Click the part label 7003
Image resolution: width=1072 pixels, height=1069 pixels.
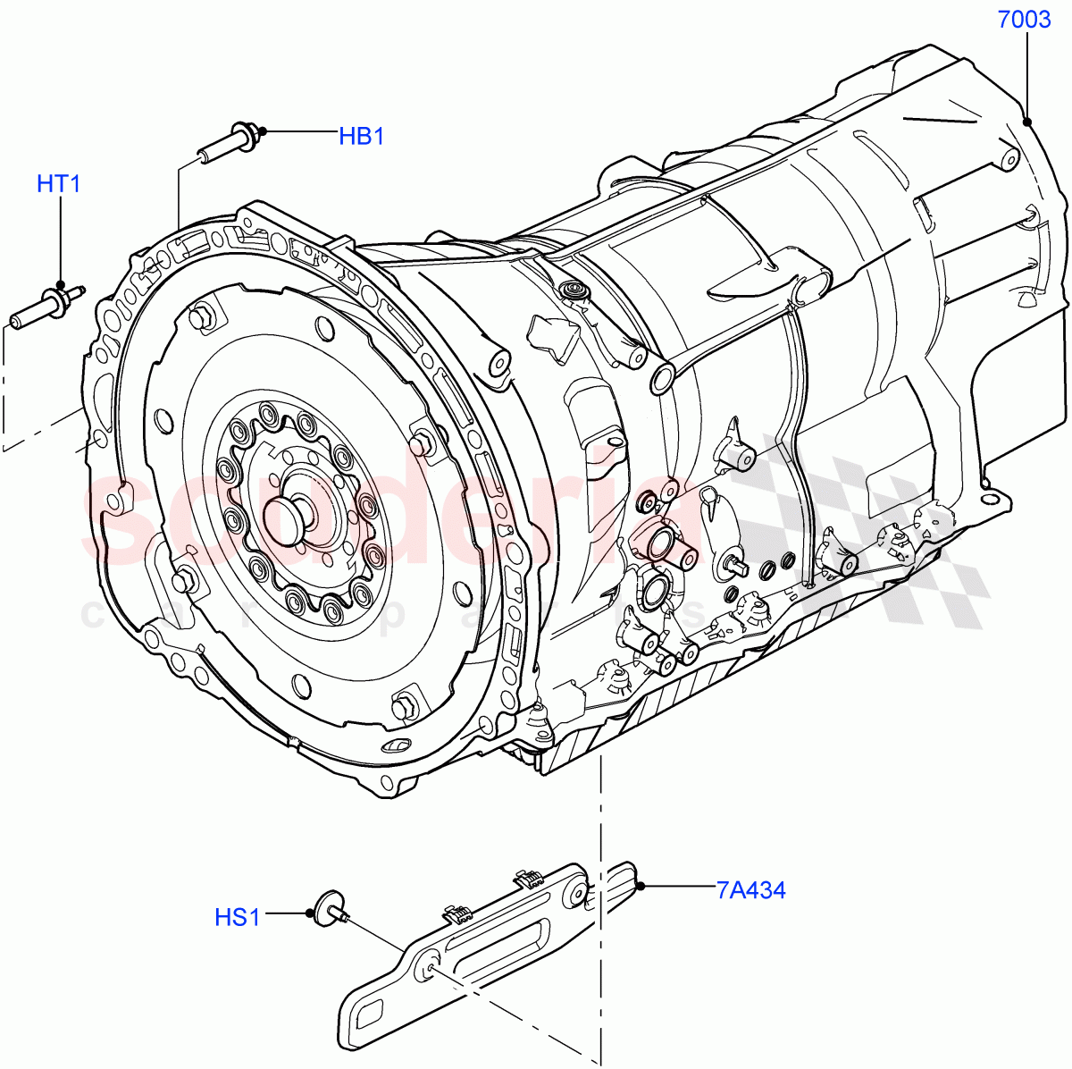(x=1024, y=19)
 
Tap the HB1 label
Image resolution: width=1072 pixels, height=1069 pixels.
(x=361, y=137)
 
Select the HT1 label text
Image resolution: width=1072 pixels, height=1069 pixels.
(x=59, y=184)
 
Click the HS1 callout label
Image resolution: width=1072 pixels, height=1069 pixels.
(x=237, y=917)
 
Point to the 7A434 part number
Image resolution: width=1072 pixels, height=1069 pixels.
(x=750, y=890)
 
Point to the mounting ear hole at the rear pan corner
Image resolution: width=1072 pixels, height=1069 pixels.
(x=985, y=498)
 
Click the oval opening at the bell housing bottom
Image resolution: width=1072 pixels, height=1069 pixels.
(x=396, y=746)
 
